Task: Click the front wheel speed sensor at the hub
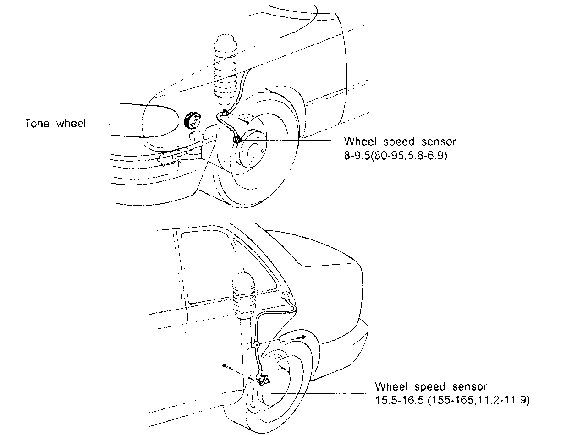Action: pyautogui.click(x=238, y=140)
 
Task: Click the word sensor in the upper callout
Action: pyautogui.click(x=439, y=141)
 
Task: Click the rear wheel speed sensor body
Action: pyautogui.click(x=263, y=378)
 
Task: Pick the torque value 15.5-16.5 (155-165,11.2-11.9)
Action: pyautogui.click(x=452, y=400)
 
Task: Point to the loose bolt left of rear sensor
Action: pyautogui.click(x=225, y=365)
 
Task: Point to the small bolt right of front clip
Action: pyautogui.click(x=247, y=122)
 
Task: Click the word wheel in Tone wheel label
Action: pyautogui.click(x=71, y=124)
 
